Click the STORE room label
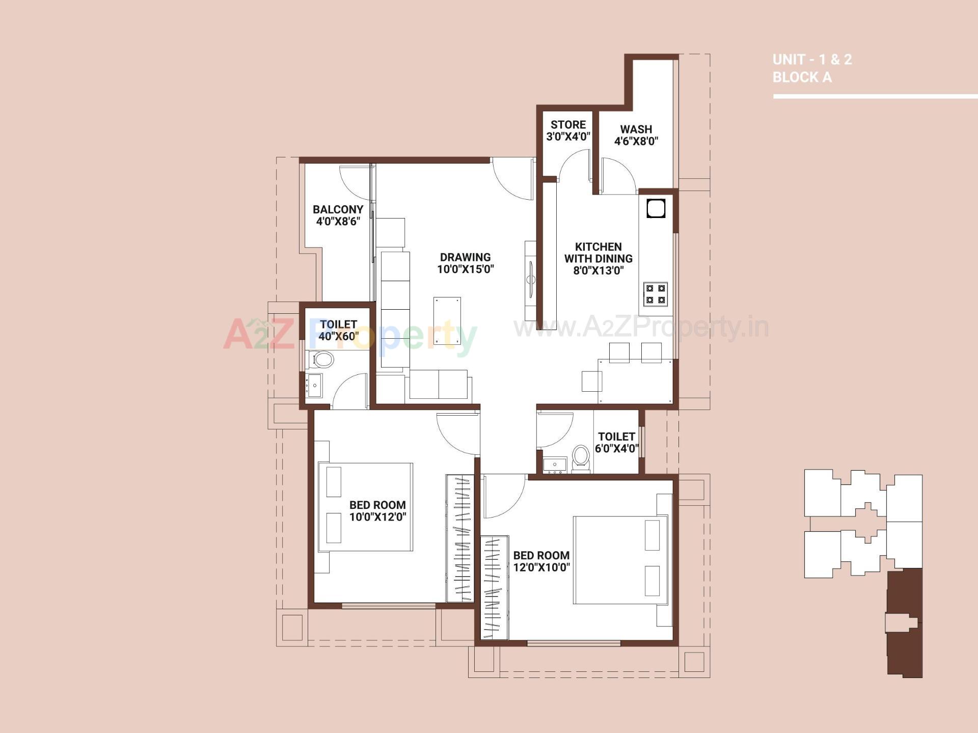(568, 125)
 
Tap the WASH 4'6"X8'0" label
(636, 135)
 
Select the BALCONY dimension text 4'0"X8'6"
(338, 222)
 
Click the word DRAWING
(465, 257)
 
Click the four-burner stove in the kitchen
(655, 294)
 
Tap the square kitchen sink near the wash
(656, 209)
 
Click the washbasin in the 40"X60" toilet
(313, 386)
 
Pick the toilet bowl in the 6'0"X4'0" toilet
(580, 456)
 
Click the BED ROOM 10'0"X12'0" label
(377, 511)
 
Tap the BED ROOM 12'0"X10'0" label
(541, 561)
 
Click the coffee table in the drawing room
(447, 321)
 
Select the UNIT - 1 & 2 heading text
(811, 60)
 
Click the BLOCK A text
(802, 77)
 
